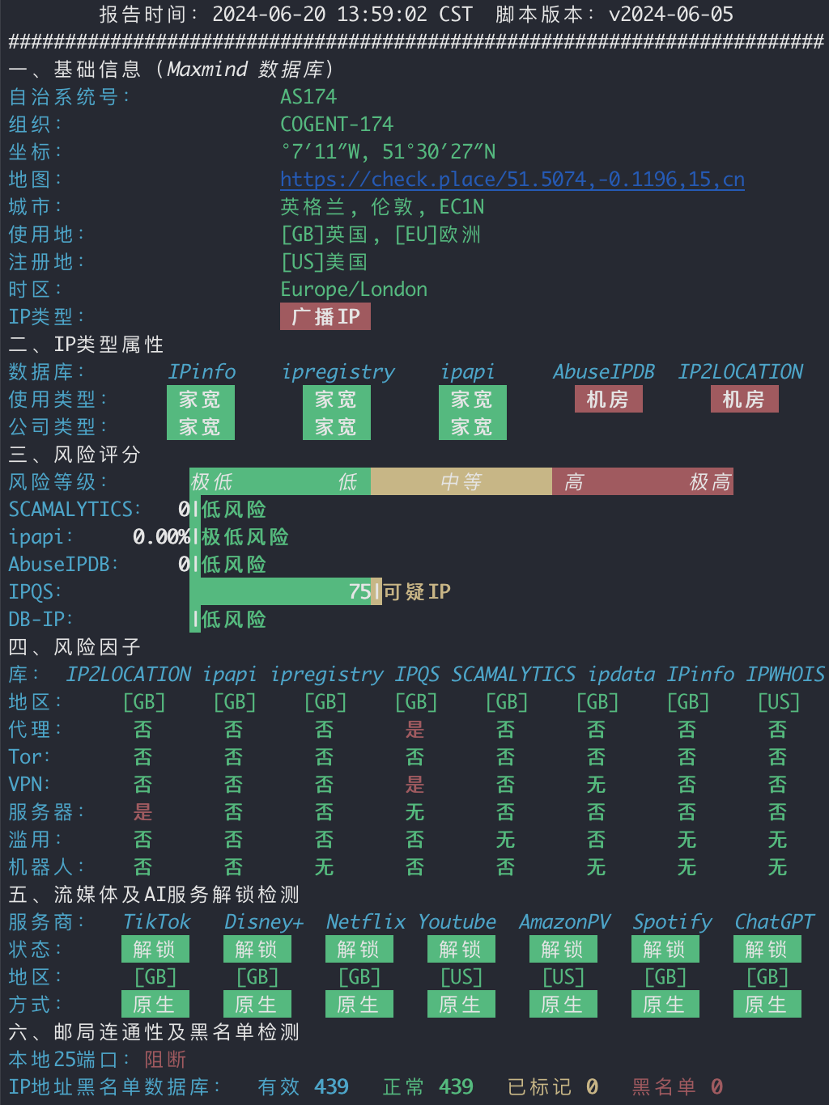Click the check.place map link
click(512, 180)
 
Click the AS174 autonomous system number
click(308, 96)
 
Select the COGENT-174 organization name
click(337, 125)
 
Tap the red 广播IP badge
click(325, 316)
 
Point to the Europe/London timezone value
click(354, 290)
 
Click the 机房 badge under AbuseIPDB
click(609, 400)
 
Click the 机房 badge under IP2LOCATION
click(744, 400)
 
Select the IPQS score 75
click(359, 591)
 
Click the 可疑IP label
click(417, 591)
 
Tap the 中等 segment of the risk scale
click(461, 482)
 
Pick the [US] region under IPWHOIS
click(779, 702)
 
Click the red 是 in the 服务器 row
click(142, 812)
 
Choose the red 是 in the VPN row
click(414, 785)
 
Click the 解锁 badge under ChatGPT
click(767, 949)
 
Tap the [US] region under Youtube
click(461, 977)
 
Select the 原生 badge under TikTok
click(155, 1004)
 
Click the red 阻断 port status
click(165, 1059)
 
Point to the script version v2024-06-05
click(671, 14)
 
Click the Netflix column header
click(366, 921)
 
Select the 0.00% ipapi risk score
click(161, 536)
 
